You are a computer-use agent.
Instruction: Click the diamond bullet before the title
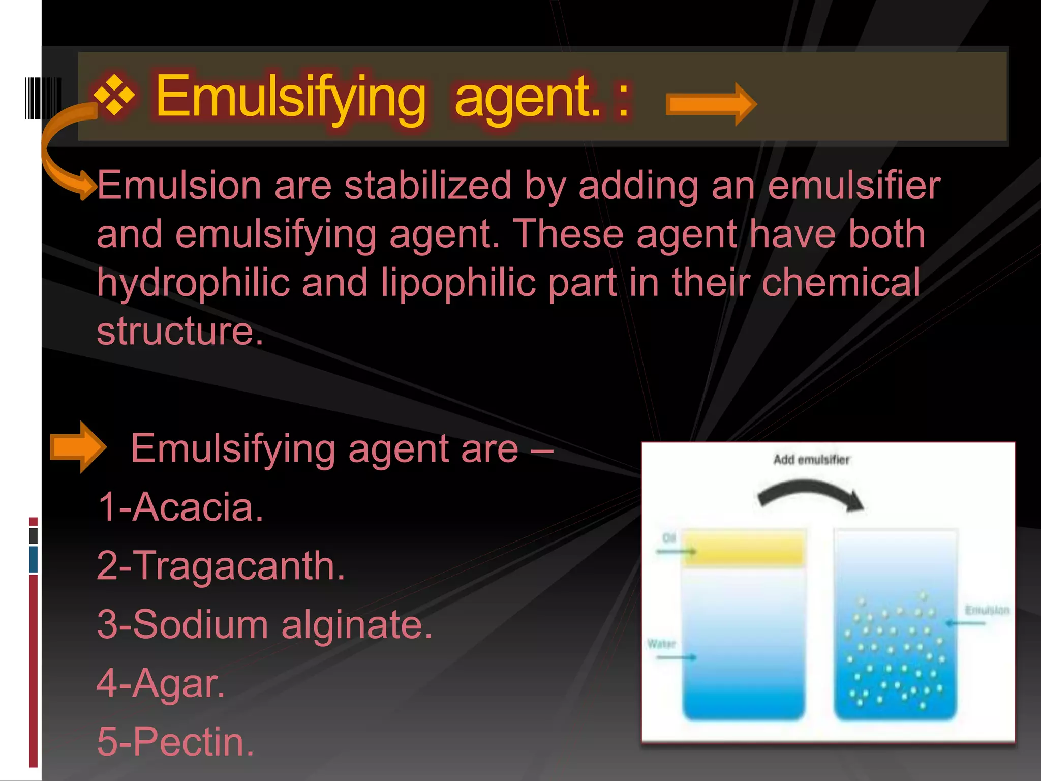(x=115, y=96)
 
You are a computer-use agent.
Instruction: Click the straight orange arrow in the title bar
(x=711, y=104)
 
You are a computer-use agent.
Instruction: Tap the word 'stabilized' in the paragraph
(x=428, y=186)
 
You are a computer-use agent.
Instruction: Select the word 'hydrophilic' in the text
(x=193, y=283)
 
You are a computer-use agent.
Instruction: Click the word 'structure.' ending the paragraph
(x=180, y=332)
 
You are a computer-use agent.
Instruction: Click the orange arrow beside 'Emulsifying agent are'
(x=78, y=447)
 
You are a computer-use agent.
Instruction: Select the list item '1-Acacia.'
(x=180, y=507)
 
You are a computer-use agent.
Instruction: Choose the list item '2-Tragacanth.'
(x=221, y=566)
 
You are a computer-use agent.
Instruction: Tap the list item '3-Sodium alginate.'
(x=264, y=624)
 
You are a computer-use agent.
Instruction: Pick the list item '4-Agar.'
(x=161, y=683)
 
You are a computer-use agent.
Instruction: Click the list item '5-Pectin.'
(x=175, y=742)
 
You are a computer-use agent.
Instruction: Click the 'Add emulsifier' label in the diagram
(x=811, y=460)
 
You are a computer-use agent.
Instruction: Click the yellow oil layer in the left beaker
(x=743, y=548)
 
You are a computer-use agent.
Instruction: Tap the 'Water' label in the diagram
(x=661, y=644)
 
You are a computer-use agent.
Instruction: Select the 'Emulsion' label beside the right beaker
(x=987, y=610)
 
